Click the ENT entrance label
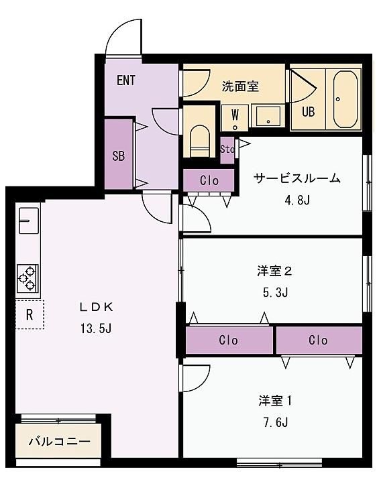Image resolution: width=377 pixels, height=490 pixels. click(x=126, y=80)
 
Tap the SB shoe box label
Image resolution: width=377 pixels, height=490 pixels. click(x=118, y=156)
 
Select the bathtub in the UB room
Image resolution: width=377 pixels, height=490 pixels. click(x=345, y=99)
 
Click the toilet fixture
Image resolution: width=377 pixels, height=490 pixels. click(x=199, y=141)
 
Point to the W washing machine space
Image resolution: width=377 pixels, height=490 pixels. click(x=235, y=118)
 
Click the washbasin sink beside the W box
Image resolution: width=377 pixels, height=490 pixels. click(x=268, y=116)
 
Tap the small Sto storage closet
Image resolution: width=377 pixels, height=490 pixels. click(x=227, y=150)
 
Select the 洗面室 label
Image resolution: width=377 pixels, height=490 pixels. click(x=240, y=86)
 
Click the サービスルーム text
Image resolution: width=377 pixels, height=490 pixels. click(x=297, y=178)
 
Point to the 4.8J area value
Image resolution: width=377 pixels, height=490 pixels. click(x=297, y=199)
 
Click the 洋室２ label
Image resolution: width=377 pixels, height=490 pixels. click(x=275, y=271)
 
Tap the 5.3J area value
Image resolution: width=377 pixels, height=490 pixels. click(x=275, y=292)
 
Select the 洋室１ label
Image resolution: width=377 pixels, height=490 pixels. click(x=275, y=401)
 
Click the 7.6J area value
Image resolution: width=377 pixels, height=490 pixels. click(x=275, y=422)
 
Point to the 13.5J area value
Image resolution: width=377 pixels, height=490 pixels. click(x=96, y=328)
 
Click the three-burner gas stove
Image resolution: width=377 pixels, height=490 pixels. click(x=28, y=278)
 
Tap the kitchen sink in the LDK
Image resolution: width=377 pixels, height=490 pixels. click(x=29, y=221)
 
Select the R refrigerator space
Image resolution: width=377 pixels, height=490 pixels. click(x=30, y=314)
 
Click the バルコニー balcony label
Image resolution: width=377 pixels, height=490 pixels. click(x=59, y=442)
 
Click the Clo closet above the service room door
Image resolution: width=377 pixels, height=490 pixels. click(x=209, y=180)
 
